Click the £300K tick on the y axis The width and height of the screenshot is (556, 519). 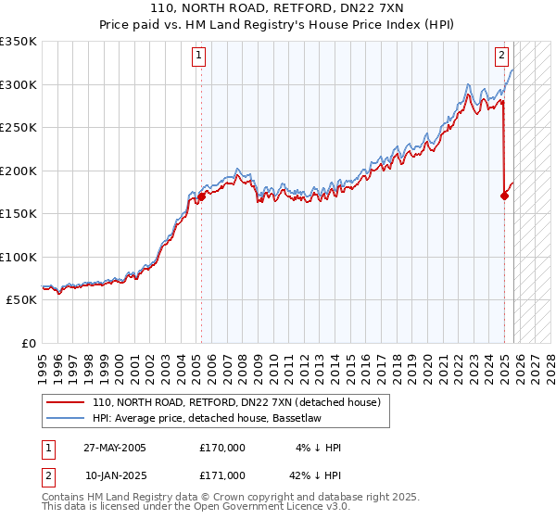[20, 84]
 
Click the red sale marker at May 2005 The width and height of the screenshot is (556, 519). [201, 196]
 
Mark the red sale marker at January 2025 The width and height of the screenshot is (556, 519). [504, 196]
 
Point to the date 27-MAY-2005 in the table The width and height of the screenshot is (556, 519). [115, 448]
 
